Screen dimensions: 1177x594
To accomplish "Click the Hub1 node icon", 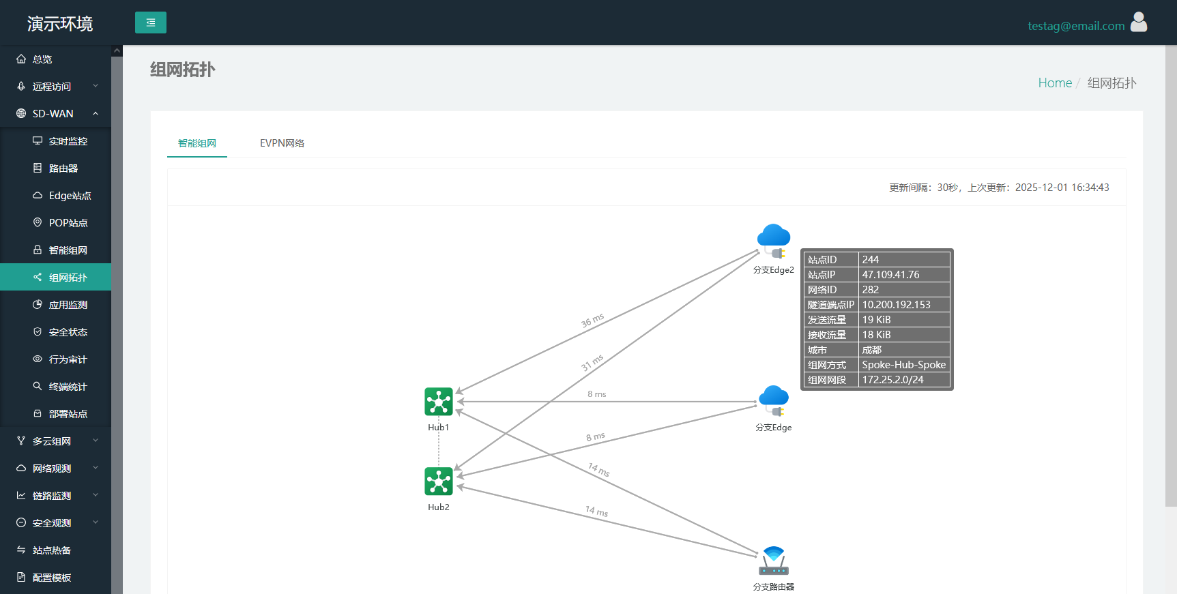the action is (x=439, y=402).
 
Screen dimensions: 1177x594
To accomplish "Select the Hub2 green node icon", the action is (x=439, y=481).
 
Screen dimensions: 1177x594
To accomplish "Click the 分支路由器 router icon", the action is (x=774, y=561).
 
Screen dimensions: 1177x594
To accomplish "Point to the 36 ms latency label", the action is (x=592, y=321).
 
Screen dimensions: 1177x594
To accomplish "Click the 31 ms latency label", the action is (x=592, y=362).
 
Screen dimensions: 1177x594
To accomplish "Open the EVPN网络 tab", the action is (x=282, y=143).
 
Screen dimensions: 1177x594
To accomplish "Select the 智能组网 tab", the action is (x=197, y=143).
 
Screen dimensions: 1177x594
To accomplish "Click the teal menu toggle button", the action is (x=151, y=23).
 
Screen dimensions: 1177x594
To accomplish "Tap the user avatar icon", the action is (x=1139, y=22).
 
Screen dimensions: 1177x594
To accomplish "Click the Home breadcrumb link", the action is (x=1055, y=83).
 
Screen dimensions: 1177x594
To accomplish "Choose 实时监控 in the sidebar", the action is (x=68, y=141).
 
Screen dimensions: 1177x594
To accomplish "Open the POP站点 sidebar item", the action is (x=68, y=223).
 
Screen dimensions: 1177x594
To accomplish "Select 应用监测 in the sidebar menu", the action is (x=68, y=305).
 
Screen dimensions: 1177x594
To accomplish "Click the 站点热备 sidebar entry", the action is (x=52, y=550).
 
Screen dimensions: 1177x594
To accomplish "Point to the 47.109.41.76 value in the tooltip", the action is (x=890, y=275).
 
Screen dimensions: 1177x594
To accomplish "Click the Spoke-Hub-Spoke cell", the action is (x=903, y=365).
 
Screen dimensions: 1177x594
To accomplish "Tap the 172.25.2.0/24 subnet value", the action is (x=892, y=380).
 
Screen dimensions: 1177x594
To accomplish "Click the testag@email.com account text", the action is (x=1076, y=26).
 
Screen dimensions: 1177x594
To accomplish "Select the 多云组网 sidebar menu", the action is (x=52, y=441).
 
